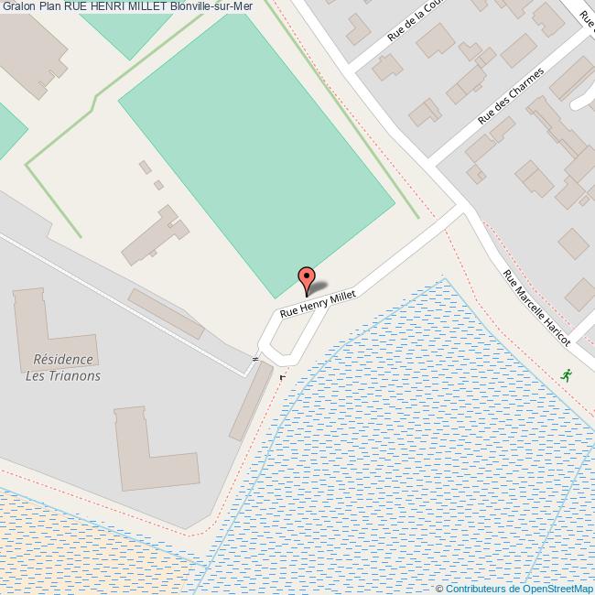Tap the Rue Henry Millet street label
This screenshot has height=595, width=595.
pyautogui.click(x=317, y=299)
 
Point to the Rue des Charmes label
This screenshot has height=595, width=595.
pyautogui.click(x=511, y=96)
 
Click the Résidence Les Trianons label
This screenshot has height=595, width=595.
pyautogui.click(x=62, y=368)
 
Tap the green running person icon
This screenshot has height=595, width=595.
pyautogui.click(x=568, y=374)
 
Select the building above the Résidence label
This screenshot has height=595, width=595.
pyautogui.click(x=41, y=317)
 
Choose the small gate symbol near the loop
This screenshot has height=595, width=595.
pyautogui.click(x=255, y=359)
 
